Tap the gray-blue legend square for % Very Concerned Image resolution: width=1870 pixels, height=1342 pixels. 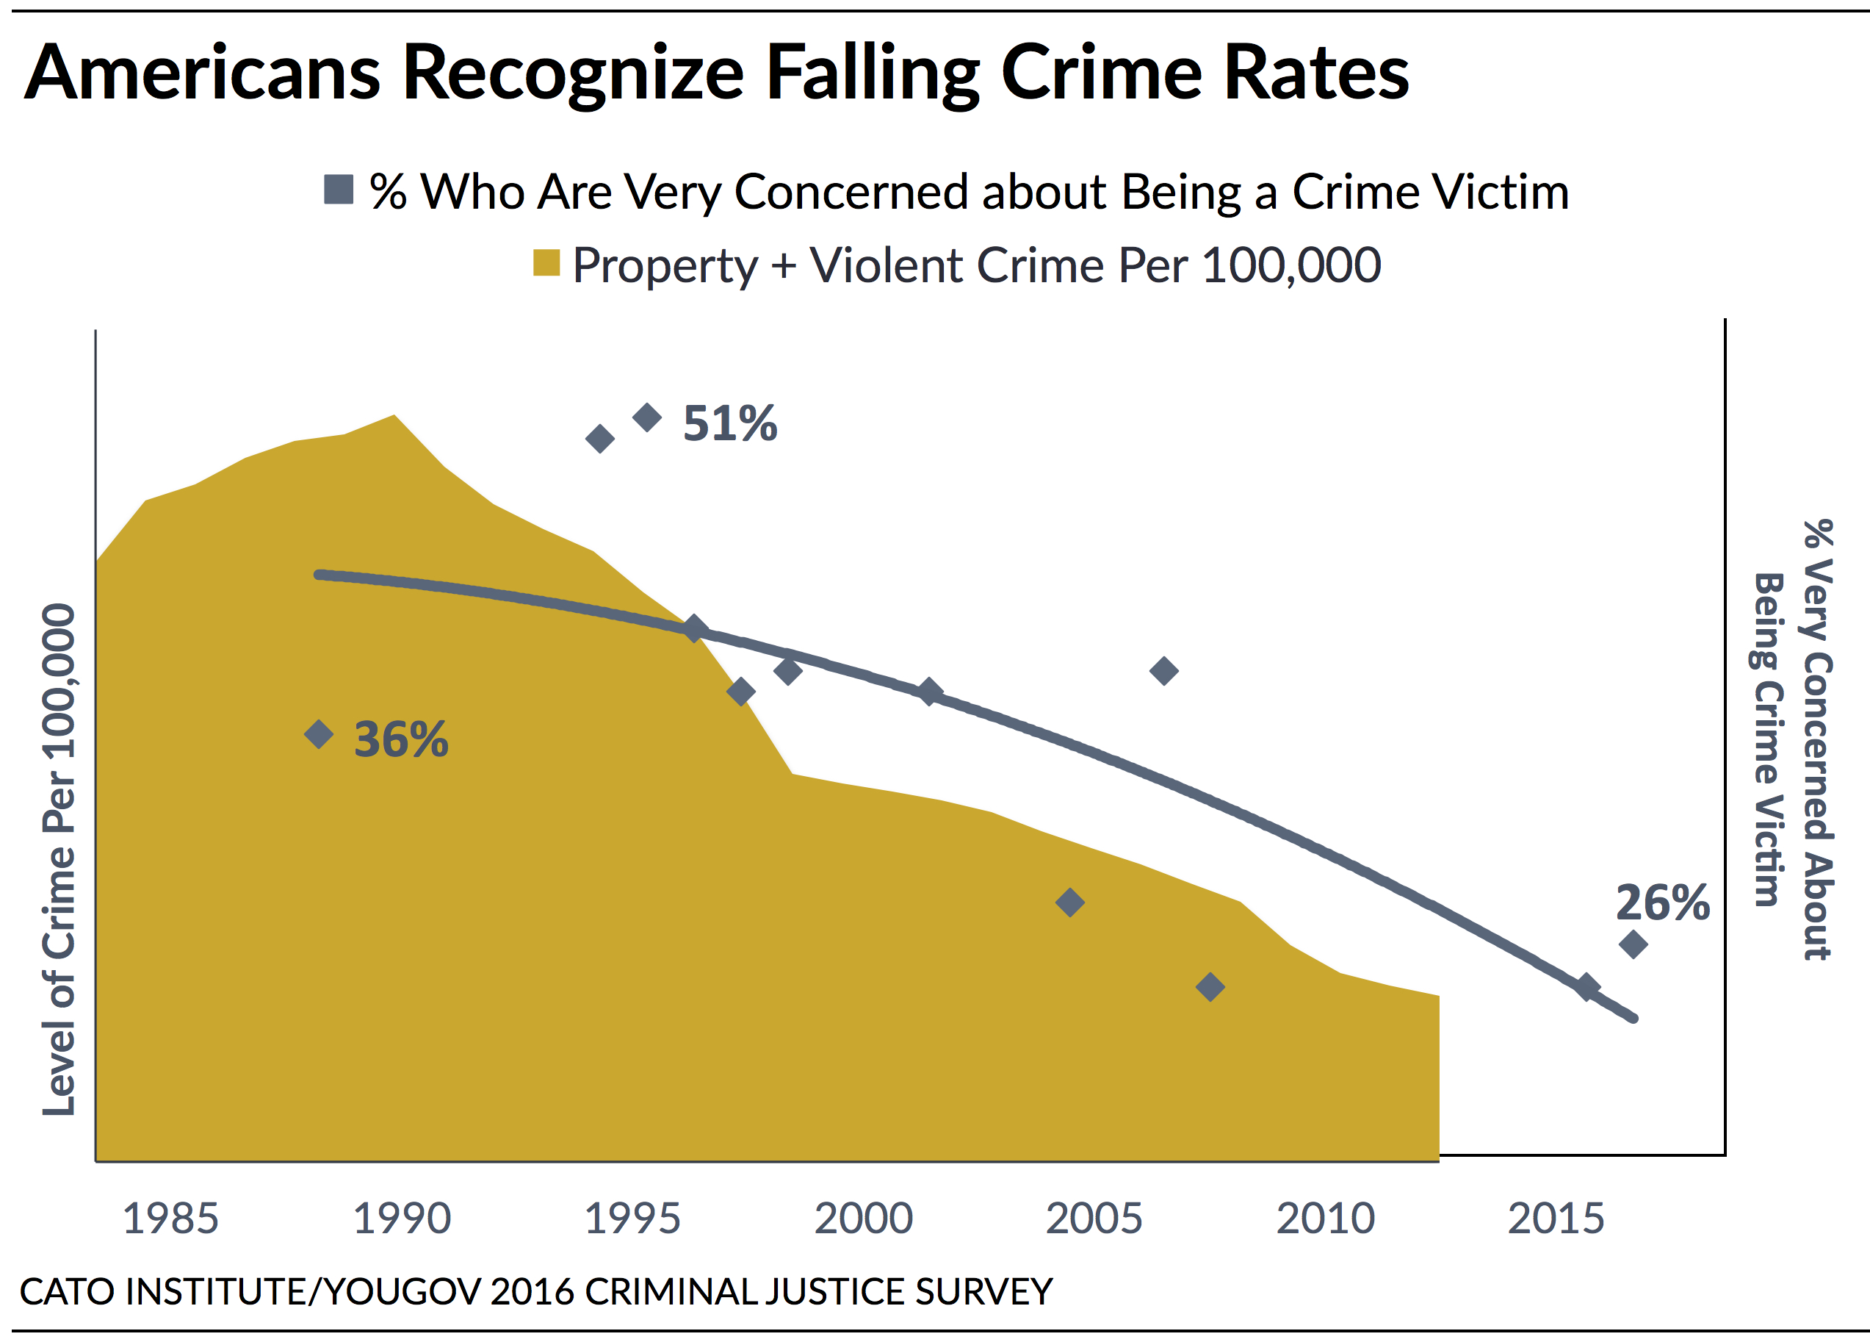338,190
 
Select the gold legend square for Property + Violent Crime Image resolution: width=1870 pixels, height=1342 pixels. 546,263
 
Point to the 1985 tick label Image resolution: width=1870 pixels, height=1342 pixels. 170,1219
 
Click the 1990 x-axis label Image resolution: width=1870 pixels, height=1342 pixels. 402,1219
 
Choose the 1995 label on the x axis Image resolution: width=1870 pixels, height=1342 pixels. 632,1219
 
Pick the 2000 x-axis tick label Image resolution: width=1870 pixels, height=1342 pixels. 863,1219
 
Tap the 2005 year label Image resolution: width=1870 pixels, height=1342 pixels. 1094,1219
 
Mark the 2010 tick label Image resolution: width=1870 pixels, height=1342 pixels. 1325,1219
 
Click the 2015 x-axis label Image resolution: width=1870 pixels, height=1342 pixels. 1556,1219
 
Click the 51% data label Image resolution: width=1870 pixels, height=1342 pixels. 729,423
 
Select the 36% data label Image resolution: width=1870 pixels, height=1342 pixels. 401,739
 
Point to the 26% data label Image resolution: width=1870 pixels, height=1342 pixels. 1662,903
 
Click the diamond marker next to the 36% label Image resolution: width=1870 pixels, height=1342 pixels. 319,733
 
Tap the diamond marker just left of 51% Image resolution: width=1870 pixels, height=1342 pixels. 647,417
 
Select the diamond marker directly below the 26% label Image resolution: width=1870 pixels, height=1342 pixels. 1633,944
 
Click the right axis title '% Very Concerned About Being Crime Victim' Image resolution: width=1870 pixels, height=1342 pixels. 1794,740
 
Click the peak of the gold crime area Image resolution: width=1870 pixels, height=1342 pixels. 394,417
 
